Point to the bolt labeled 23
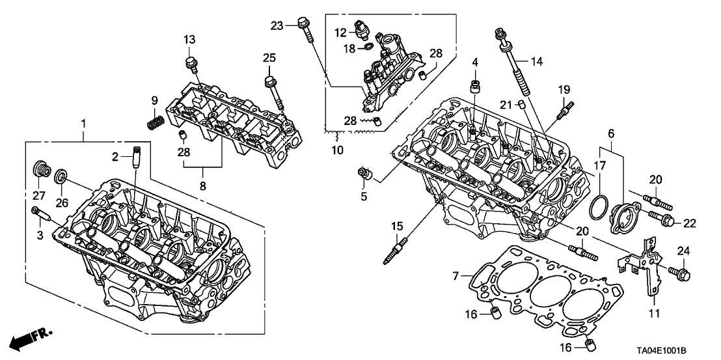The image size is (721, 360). coord(308,31)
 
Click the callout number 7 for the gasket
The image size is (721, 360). coord(456,276)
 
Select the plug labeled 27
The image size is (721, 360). coord(41,169)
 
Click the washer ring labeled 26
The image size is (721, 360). coord(61,176)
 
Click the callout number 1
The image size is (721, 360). coord(83,123)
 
